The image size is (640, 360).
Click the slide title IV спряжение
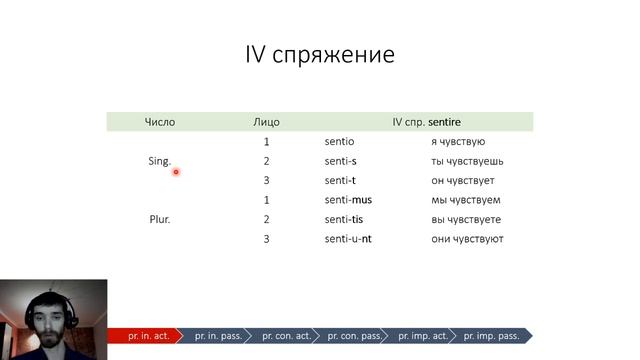320,54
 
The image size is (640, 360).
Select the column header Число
159,122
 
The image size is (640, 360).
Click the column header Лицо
266,122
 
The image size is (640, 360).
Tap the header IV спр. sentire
426,122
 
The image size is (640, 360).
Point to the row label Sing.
159,161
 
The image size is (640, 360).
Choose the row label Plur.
159,219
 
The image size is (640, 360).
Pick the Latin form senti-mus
348,200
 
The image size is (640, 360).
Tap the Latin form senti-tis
346,219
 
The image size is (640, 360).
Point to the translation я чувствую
458,142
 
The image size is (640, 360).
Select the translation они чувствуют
467,239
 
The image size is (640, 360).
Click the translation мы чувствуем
465,200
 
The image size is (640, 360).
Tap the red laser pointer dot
176,172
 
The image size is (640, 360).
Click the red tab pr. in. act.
147,336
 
